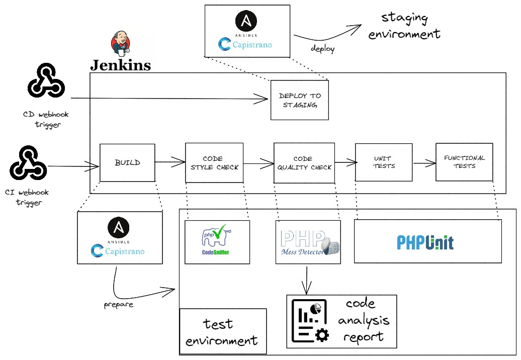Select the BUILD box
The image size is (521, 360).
(x=127, y=162)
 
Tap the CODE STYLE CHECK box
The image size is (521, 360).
(x=214, y=162)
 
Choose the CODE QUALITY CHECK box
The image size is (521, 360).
(x=304, y=162)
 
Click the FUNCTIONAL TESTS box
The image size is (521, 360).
(x=464, y=162)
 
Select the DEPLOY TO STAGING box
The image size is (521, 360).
(x=299, y=100)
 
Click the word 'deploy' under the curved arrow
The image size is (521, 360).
(x=322, y=49)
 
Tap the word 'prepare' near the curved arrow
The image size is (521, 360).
(x=119, y=305)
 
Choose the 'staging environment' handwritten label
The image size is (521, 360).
(x=404, y=26)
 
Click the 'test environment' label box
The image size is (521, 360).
(x=222, y=331)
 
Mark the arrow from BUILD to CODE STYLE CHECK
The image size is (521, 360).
(x=170, y=162)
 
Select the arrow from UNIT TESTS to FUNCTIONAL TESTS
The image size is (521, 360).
(x=423, y=163)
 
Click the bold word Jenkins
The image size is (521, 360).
(x=120, y=65)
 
